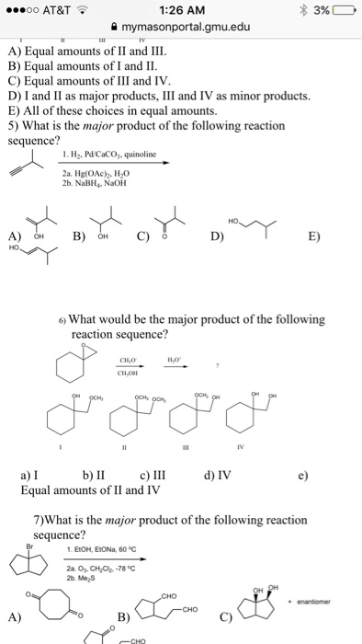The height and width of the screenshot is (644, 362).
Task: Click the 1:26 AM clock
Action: tap(180, 10)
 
